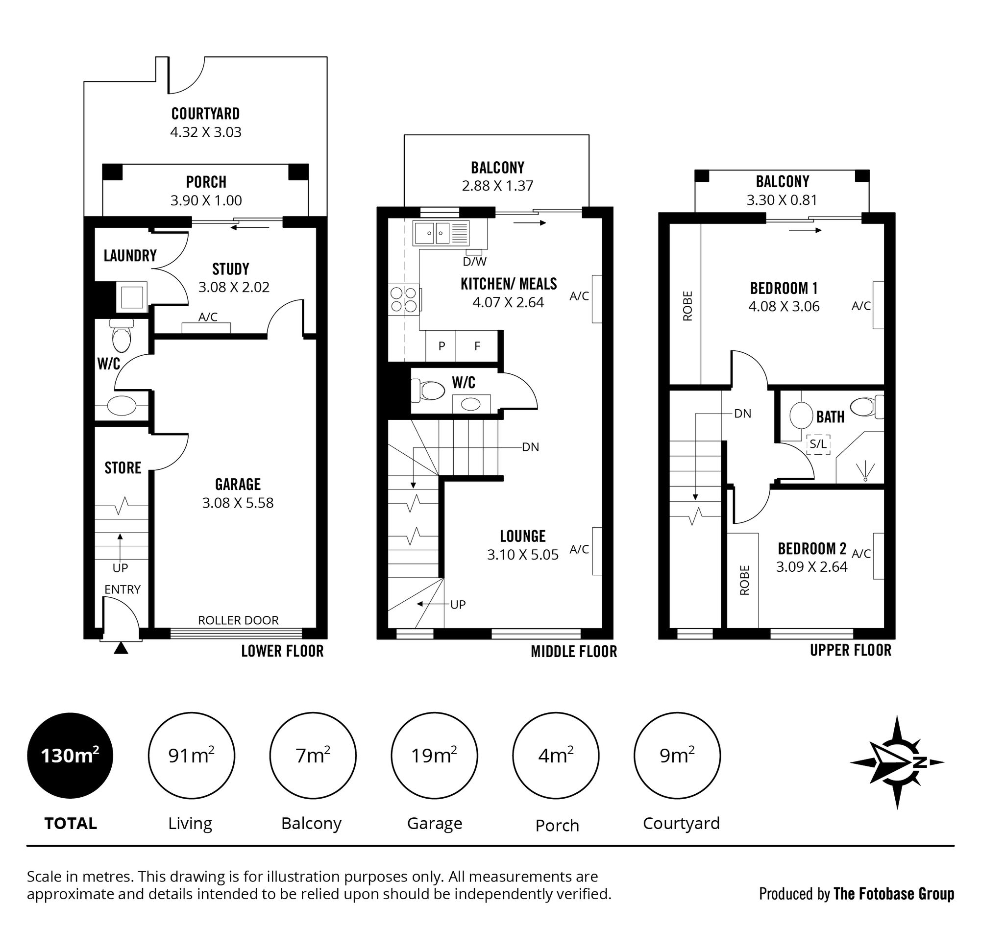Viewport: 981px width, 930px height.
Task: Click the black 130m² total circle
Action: pos(70,756)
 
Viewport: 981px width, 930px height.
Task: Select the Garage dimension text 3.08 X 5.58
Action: pos(238,503)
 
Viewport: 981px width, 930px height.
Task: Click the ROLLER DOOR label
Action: pos(238,620)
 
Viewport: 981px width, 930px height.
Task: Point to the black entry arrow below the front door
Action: pos(121,648)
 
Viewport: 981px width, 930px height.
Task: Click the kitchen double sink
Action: pos(432,233)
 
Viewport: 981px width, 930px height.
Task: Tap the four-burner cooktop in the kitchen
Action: pos(404,299)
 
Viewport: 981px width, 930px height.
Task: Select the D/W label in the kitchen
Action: pos(474,261)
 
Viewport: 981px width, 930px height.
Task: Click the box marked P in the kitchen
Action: pos(441,346)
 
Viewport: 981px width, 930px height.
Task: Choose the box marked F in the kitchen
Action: pos(477,346)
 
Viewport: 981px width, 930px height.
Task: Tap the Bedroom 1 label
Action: pos(783,288)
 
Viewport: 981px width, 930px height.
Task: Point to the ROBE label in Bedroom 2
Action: pos(744,580)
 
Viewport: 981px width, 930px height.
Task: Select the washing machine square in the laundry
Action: pos(132,297)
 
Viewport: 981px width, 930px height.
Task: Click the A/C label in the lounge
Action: pos(579,549)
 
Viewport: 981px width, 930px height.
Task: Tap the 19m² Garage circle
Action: pos(434,756)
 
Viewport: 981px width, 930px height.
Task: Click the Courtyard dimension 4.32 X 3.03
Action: pos(206,132)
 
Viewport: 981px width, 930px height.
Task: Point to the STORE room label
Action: pos(123,468)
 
